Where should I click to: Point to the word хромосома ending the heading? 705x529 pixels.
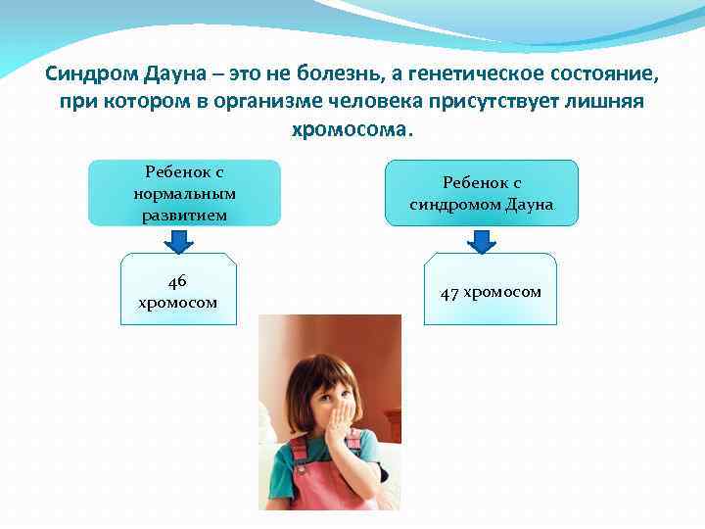[352, 129]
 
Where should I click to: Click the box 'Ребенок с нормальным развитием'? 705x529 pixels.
[185, 192]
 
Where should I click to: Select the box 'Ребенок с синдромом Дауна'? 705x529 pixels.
[482, 194]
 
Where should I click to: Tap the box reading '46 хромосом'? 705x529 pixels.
[177, 291]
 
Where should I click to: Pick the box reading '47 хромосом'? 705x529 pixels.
[490, 290]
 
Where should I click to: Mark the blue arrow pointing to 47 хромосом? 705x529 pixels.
[480, 240]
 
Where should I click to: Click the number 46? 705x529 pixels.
[177, 281]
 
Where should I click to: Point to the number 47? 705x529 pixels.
[449, 293]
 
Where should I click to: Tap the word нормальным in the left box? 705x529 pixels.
[185, 192]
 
